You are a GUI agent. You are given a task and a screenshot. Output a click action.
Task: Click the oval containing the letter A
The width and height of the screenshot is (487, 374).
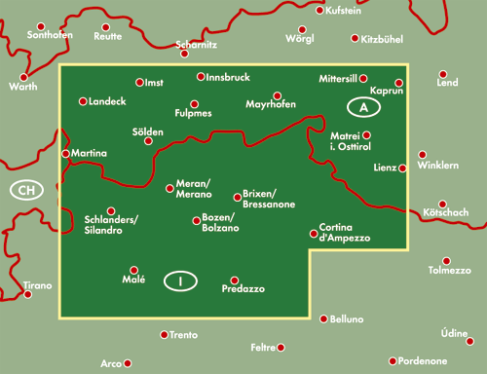(x=363, y=106)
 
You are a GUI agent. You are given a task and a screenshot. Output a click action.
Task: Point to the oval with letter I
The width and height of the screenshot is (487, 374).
(x=180, y=281)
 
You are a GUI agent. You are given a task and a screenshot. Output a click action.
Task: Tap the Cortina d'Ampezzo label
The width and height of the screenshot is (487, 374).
(x=341, y=234)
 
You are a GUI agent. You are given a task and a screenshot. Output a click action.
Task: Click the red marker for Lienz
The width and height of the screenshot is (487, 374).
(x=404, y=168)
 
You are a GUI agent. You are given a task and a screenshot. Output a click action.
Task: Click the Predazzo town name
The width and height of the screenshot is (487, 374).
(x=243, y=289)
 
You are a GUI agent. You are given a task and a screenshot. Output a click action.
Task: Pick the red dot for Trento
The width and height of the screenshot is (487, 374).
(x=164, y=335)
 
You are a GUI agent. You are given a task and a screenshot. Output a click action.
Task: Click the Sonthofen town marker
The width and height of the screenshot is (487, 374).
(x=41, y=25)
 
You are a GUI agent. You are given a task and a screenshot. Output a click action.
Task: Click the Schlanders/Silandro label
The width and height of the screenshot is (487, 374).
(x=111, y=224)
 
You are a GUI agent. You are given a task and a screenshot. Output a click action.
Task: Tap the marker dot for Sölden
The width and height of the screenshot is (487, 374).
(x=148, y=141)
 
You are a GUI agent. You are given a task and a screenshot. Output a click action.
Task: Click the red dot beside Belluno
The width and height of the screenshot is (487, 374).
(x=323, y=318)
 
